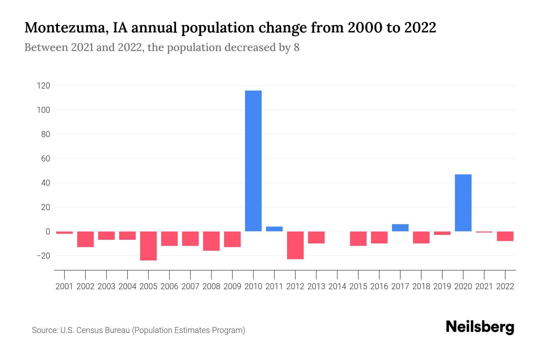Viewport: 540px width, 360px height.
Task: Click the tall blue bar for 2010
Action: [253, 161]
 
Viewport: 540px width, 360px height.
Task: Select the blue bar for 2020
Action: [463, 203]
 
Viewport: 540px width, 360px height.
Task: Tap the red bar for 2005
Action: [148, 246]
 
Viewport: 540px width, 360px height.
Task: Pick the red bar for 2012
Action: [295, 245]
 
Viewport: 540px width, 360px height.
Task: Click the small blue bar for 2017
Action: [400, 228]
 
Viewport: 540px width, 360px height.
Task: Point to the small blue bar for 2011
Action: [274, 229]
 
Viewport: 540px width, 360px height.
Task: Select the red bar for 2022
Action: [505, 236]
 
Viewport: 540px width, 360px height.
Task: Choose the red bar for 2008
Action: [211, 241]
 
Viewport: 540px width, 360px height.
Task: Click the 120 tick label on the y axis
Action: [43, 86]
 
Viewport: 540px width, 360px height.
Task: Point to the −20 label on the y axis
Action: [43, 256]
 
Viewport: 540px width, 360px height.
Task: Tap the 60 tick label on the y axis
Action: [45, 159]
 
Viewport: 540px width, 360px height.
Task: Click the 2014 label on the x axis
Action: [337, 286]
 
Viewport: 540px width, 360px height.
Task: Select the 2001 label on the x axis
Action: [64, 286]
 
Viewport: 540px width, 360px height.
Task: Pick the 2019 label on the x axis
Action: [442, 286]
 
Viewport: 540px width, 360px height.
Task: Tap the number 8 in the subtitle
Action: [296, 48]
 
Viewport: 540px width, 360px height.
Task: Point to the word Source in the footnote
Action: [44, 330]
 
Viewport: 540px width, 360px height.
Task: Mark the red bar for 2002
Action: [85, 239]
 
